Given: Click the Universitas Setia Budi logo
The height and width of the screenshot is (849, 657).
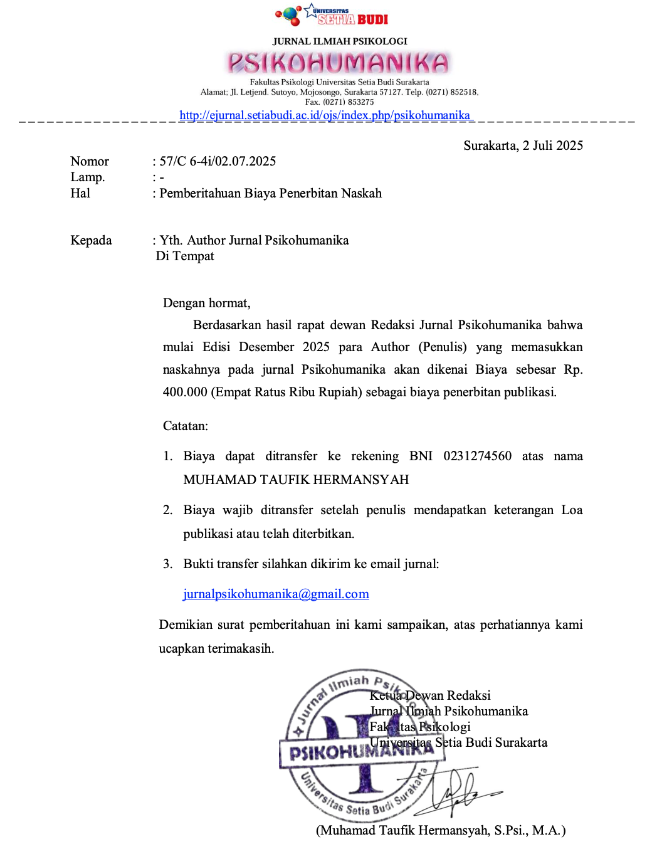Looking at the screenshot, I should click(x=332, y=15).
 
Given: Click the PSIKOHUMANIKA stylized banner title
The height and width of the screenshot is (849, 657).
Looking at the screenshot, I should click(x=339, y=63).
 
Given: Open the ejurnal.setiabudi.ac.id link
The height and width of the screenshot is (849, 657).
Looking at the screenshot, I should click(x=325, y=115).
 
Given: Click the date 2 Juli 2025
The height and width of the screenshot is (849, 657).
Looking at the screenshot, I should click(x=553, y=145).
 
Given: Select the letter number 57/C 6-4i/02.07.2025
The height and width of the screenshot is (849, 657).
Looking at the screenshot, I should click(x=218, y=161).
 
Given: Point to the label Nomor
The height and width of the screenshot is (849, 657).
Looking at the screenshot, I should click(x=90, y=161).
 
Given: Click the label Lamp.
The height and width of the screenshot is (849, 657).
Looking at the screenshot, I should click(x=87, y=177).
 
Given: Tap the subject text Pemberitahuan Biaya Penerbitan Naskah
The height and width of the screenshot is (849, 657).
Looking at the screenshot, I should click(x=270, y=193).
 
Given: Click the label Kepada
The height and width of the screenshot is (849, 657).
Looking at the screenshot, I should click(x=91, y=240).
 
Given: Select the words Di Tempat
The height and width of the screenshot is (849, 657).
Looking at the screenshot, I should click(x=185, y=256).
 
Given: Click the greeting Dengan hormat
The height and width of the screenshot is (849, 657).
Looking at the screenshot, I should click(x=206, y=303).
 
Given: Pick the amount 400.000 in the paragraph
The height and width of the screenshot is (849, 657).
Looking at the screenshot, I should click(x=185, y=392).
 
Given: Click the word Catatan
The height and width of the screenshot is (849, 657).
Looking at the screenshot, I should click(x=185, y=426).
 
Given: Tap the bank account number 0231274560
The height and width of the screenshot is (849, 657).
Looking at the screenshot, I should click(x=477, y=456).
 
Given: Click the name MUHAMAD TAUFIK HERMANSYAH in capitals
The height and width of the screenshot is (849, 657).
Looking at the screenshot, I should click(x=296, y=480).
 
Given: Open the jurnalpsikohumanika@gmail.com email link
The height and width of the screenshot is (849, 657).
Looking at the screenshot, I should click(x=276, y=594).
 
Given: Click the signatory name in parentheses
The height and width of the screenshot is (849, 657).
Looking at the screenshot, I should click(x=441, y=830).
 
